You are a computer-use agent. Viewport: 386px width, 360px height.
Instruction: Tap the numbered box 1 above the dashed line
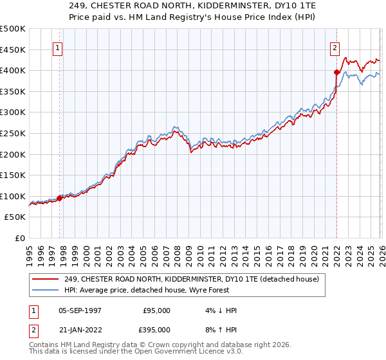pos(58,48)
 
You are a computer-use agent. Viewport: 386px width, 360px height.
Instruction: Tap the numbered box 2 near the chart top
pos(335,48)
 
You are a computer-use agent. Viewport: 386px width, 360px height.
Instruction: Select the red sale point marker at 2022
pos(336,72)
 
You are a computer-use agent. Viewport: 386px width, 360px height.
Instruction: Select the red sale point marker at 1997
pos(60,198)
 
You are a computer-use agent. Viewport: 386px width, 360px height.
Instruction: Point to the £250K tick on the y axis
pos(13,133)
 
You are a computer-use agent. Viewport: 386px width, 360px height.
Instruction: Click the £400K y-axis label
pos(13,70)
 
